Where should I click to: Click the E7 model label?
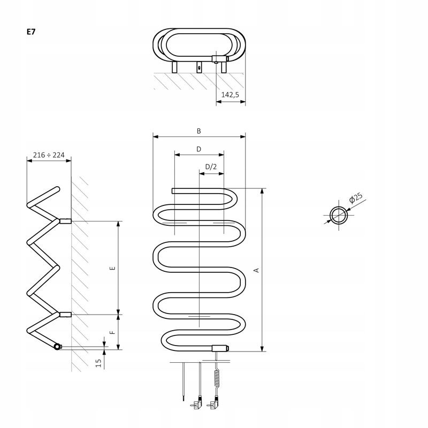coord(31,32)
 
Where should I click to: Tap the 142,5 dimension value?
coord(230,95)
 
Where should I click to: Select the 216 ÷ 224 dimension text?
coord(48,155)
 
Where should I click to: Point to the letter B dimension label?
coord(198,131)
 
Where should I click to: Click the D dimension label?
coord(198,149)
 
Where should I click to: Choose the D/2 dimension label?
coord(211,167)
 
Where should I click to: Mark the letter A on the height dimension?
coord(256,270)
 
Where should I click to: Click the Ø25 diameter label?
coord(356,199)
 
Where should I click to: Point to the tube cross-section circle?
coord(338,216)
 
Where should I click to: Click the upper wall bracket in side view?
coord(65,221)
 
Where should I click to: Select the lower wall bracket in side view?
coord(65,315)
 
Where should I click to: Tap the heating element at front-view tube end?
coord(220,348)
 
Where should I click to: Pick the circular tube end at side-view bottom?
coord(57,347)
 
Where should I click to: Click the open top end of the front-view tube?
coord(174,190)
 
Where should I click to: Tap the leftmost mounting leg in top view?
coord(175,68)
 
